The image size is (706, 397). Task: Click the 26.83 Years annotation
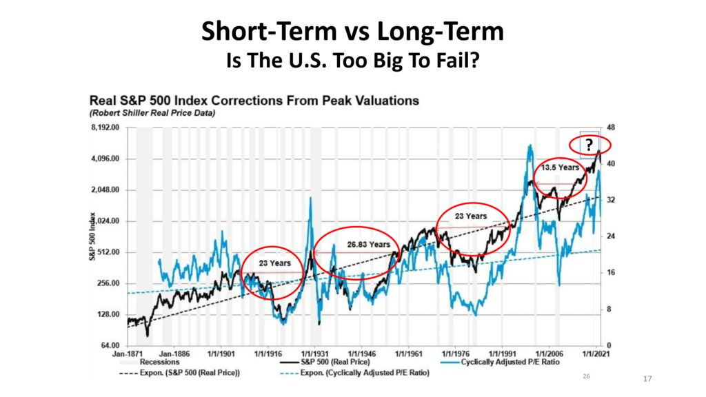369,245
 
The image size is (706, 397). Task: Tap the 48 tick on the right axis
611,128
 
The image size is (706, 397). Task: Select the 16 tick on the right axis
611,273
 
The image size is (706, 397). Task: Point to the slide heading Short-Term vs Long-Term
352,32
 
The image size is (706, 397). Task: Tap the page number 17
647,379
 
